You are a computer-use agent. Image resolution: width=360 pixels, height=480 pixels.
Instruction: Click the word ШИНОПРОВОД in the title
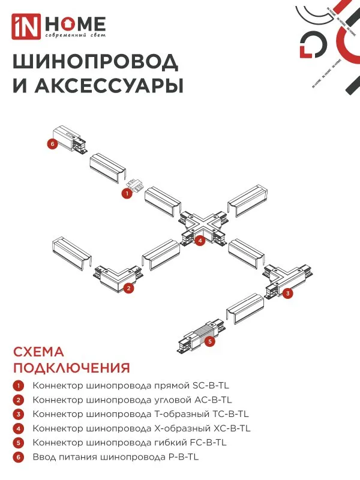coord(95,62)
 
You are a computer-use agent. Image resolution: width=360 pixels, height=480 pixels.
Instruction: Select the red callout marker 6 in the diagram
coord(53,144)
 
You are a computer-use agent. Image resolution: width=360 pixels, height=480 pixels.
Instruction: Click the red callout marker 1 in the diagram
coord(127,193)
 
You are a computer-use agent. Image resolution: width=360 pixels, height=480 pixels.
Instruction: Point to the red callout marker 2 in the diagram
coord(128,289)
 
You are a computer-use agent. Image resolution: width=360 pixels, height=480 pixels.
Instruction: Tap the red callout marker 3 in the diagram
coord(288,293)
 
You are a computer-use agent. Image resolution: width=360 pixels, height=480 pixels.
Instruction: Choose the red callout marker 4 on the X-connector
coord(200,241)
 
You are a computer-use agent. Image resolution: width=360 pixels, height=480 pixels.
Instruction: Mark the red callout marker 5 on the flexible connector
coord(209,341)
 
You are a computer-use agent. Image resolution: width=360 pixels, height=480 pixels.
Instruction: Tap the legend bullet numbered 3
coord(19,414)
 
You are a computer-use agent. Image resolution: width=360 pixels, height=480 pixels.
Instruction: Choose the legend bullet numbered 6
coord(19,457)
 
